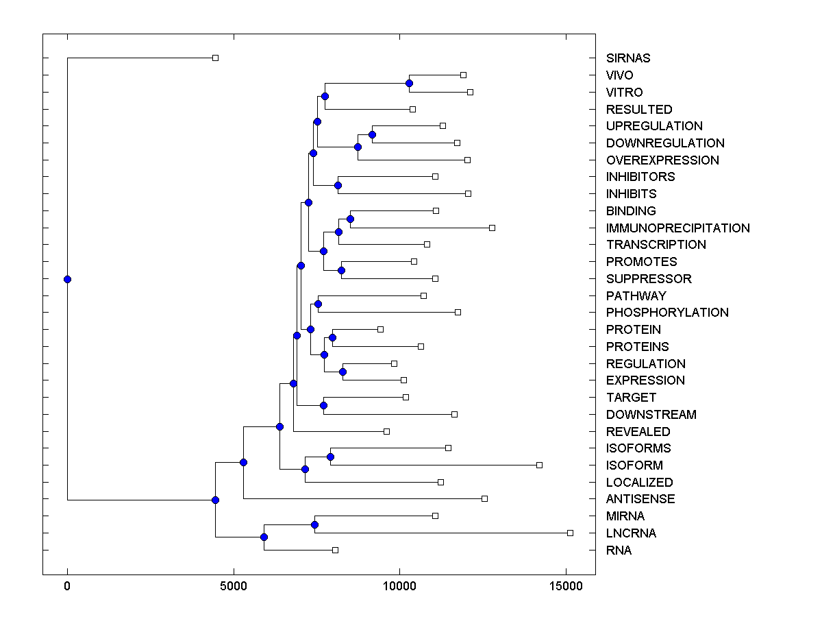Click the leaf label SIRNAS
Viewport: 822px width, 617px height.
(628, 58)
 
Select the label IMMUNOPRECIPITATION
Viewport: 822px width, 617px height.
(677, 228)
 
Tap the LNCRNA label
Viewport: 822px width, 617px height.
(631, 533)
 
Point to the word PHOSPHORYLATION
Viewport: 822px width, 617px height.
(667, 313)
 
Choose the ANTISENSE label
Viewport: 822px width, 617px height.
(640, 499)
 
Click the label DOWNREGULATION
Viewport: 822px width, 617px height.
(665, 143)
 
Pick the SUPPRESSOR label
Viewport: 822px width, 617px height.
(649, 279)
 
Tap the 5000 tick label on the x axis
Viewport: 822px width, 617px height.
(234, 587)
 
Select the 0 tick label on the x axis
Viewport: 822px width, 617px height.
(67, 587)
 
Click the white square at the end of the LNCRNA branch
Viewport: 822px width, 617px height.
(570, 533)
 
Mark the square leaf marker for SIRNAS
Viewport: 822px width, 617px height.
(215, 58)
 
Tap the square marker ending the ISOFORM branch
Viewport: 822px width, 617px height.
(539, 465)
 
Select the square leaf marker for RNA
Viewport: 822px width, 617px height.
(335, 550)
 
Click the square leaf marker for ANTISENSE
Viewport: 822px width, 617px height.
(484, 498)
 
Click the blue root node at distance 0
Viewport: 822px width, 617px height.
(67, 279)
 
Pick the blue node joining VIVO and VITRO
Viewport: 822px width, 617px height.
(409, 83)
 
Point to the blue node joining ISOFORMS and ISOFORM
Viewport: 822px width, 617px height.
(330, 457)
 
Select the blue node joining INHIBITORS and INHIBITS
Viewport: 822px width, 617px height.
(338, 185)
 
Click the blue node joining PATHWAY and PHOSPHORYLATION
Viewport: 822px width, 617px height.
(318, 304)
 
